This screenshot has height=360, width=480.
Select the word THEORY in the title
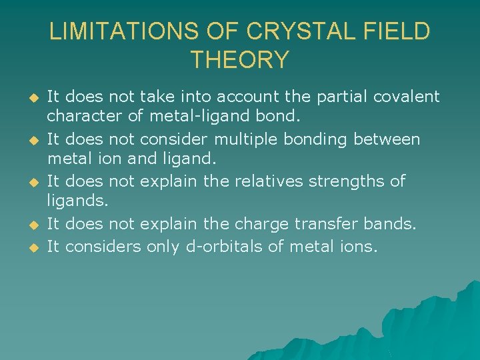(240, 60)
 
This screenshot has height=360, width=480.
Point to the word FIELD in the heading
(397, 32)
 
